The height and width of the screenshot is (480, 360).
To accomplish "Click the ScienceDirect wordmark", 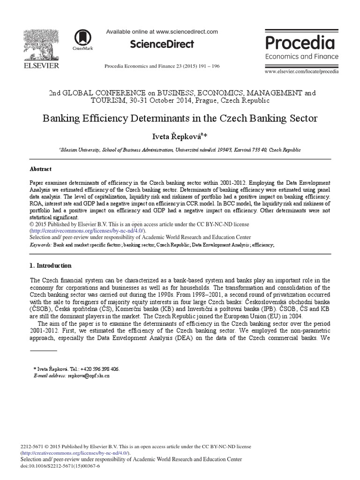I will tap(162, 45).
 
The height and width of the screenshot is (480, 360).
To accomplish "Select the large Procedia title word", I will tap(300, 43).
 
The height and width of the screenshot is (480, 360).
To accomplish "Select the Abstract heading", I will tap(41, 169).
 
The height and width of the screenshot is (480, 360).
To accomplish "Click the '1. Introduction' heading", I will tap(51, 265).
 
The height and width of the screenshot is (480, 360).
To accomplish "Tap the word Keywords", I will tap(40, 245).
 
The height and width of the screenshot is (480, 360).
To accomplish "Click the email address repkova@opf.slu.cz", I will tap(89, 375).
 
